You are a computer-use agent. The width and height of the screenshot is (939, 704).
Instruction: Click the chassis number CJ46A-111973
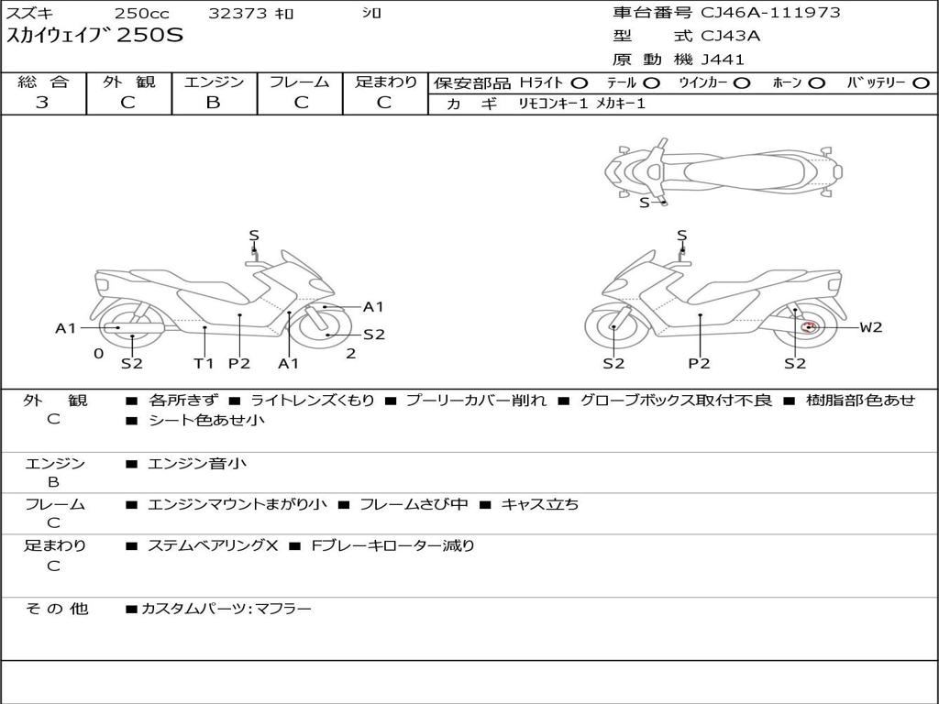(770, 12)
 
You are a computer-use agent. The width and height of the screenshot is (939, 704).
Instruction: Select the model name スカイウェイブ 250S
(94, 36)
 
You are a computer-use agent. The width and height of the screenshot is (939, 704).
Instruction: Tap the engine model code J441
(723, 60)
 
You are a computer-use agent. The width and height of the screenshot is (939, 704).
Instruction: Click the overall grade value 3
(42, 102)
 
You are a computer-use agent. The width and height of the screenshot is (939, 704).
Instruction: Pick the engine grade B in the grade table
(213, 102)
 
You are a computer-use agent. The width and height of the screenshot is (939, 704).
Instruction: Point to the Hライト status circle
(580, 83)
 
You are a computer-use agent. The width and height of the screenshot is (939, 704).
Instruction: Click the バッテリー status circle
(922, 83)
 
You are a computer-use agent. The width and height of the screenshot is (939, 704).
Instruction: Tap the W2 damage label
(871, 327)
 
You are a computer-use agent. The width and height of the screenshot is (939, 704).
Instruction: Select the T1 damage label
(204, 363)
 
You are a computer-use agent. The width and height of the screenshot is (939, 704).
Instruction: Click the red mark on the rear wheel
(810, 327)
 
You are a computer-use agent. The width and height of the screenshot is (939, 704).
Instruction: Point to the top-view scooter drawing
(724, 171)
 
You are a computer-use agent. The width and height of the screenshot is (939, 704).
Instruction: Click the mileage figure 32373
(238, 13)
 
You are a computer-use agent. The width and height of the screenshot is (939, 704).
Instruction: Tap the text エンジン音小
(196, 463)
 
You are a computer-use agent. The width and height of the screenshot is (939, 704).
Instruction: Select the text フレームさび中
(414, 504)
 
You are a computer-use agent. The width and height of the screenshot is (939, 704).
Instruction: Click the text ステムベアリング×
(213, 545)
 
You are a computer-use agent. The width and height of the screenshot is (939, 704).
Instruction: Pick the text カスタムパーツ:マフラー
(226, 609)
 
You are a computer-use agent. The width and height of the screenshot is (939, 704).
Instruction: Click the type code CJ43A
(730, 36)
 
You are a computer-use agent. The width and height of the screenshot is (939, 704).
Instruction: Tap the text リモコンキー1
(553, 104)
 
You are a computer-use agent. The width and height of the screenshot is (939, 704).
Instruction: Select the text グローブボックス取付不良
(676, 400)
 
